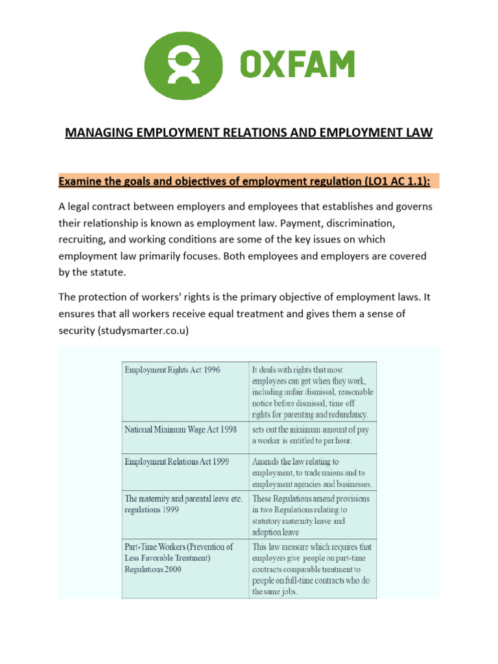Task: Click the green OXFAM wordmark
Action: coord(298,66)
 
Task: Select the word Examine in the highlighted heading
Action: coord(82,181)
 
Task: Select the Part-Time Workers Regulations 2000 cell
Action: coord(180,558)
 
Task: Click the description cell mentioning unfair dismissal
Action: coord(312,391)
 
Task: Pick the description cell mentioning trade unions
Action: coord(312,473)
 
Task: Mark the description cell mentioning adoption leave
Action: coord(312,515)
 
